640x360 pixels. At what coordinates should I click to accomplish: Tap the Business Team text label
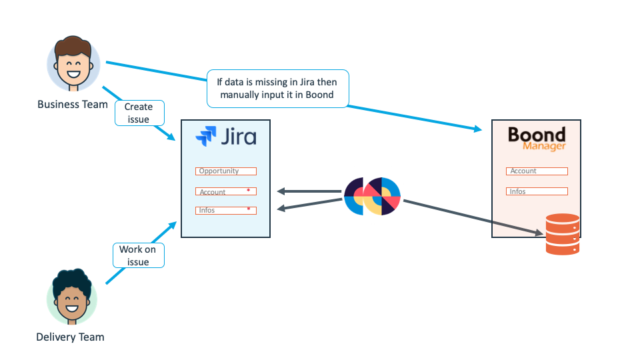pos(73,104)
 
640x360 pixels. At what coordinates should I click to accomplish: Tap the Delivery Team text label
pos(70,337)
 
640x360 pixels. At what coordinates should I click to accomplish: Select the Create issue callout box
pos(139,113)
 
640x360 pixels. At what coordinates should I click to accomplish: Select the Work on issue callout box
pos(138,255)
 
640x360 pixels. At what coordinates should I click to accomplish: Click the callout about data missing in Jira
pos(277,89)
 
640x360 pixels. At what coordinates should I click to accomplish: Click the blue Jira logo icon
pos(205,137)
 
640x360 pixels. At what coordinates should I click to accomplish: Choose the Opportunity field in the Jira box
pos(226,171)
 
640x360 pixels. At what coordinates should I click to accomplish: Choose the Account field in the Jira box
pos(221,191)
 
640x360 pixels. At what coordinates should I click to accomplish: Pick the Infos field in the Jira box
pos(221,210)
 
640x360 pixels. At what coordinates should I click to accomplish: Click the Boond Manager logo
pos(537,139)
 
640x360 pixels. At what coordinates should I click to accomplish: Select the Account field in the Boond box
pos(537,171)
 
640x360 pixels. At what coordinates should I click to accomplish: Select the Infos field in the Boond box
pos(537,191)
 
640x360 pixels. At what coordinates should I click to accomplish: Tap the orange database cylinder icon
pos(562,234)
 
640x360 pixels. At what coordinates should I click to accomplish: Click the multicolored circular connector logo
pos(373,197)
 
